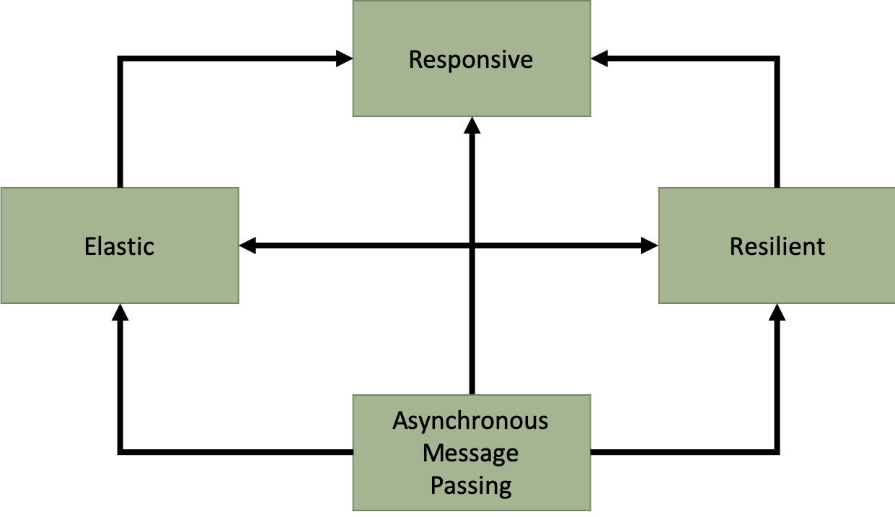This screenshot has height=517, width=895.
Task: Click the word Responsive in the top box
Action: point(471,59)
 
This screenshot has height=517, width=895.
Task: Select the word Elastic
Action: point(119,246)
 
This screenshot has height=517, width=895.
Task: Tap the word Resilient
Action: point(777,246)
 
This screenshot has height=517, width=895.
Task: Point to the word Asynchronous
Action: point(470,421)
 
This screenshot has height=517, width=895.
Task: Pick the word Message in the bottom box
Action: point(470,453)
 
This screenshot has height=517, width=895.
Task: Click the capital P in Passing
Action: point(436,485)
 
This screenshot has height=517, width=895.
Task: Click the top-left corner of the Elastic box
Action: point(1,188)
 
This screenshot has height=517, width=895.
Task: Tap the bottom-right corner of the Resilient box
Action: point(894,303)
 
